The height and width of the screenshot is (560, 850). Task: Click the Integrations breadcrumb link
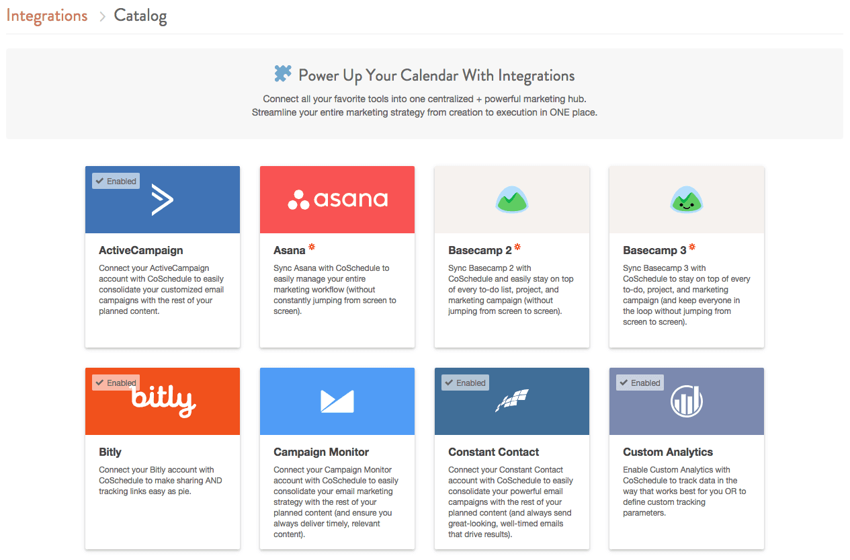click(46, 16)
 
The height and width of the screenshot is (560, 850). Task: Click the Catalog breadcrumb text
click(140, 16)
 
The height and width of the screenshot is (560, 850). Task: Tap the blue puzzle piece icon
click(283, 73)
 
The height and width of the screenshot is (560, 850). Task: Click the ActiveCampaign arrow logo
click(163, 200)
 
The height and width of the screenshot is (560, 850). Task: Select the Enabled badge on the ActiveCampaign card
click(116, 181)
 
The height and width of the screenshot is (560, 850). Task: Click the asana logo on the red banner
click(338, 199)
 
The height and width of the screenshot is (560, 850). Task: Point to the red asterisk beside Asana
click(312, 247)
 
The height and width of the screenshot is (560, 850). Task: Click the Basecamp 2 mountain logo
click(512, 199)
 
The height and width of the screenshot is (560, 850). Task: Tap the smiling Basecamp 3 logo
click(687, 199)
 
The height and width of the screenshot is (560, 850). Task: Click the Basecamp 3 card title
click(654, 250)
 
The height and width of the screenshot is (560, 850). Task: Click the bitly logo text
click(163, 401)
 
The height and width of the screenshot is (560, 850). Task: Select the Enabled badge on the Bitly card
click(116, 383)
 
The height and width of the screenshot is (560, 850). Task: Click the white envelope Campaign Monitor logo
click(337, 401)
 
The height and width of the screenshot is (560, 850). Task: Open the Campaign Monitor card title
click(321, 452)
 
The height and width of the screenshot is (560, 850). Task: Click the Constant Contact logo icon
click(512, 400)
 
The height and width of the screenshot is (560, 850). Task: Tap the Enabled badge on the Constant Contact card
click(465, 383)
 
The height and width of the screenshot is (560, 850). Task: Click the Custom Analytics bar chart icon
click(687, 401)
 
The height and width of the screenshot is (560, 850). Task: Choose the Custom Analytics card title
click(668, 452)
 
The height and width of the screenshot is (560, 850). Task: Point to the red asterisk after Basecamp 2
click(517, 247)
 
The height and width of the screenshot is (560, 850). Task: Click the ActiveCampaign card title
click(141, 251)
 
